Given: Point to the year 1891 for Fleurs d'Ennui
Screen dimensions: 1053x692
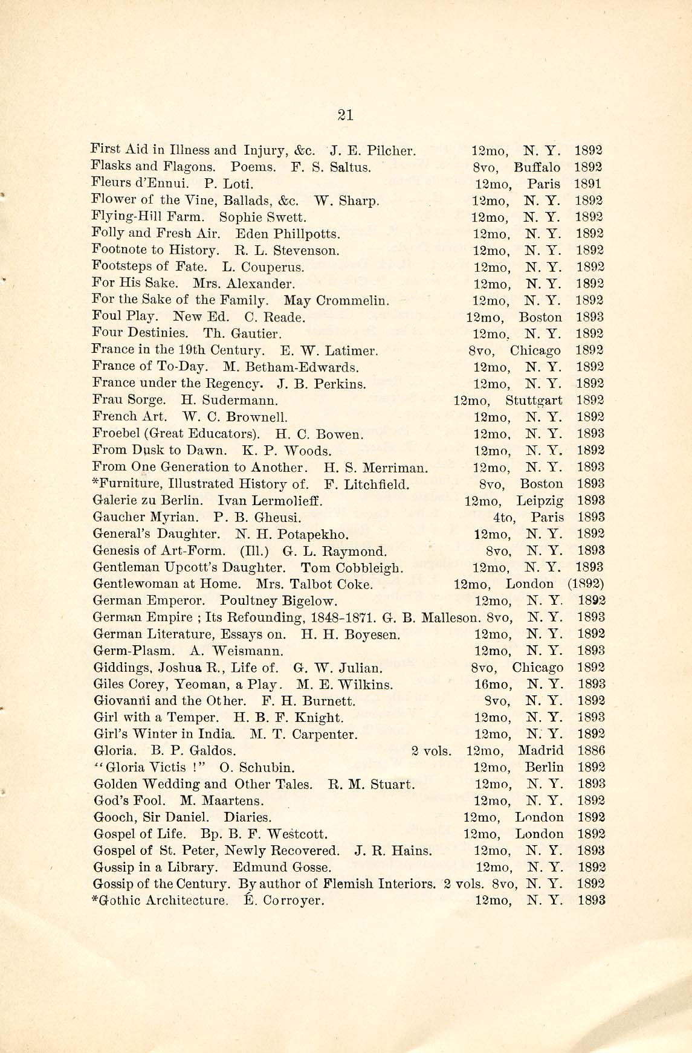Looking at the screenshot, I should (588, 184).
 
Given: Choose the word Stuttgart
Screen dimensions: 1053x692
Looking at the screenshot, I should (534, 401).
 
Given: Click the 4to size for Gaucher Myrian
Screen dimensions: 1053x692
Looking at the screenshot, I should (504, 518).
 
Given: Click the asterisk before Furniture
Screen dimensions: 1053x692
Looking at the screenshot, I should (95, 483).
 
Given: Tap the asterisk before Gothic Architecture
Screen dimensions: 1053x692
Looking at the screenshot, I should (95, 899).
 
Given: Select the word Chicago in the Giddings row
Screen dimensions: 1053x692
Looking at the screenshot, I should (537, 668).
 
